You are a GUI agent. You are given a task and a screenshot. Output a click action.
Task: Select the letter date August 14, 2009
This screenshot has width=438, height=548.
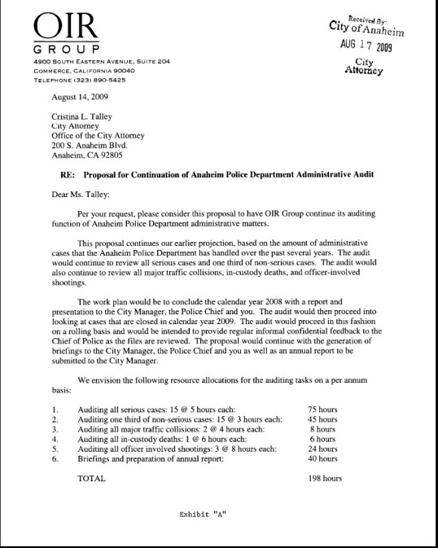click(80, 96)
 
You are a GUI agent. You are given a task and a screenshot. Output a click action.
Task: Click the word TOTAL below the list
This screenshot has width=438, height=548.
click(91, 478)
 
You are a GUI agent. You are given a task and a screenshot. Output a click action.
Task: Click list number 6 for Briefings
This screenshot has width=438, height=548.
click(54, 458)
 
